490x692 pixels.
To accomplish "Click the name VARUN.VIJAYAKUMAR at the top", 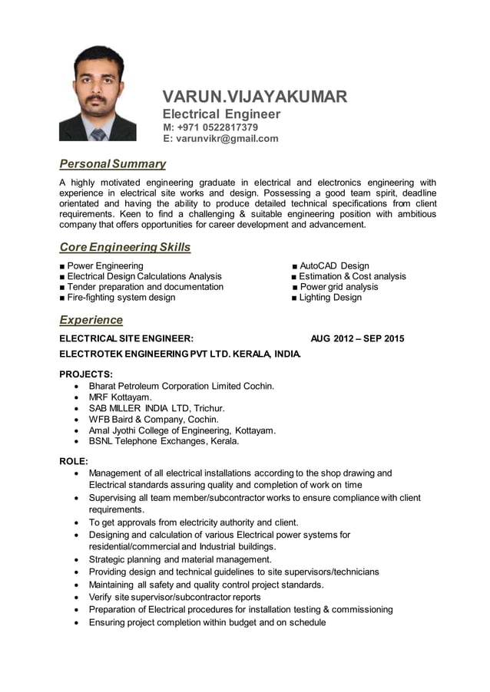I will click(x=254, y=97).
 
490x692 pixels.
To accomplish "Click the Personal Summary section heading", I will click(x=112, y=163).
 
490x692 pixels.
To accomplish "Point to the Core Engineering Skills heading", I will click(x=124, y=247).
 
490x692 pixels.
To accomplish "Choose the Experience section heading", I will click(x=91, y=319).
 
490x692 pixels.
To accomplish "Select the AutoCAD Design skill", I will click(x=333, y=266).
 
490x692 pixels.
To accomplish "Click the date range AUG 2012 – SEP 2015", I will click(x=357, y=338).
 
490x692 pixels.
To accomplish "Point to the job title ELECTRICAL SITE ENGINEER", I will click(x=127, y=338).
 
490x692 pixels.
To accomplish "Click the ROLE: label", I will click(x=74, y=461).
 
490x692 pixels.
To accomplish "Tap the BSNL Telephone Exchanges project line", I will click(x=164, y=441).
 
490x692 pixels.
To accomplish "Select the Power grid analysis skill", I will click(x=339, y=287).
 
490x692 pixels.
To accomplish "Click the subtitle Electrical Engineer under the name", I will click(x=221, y=114).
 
